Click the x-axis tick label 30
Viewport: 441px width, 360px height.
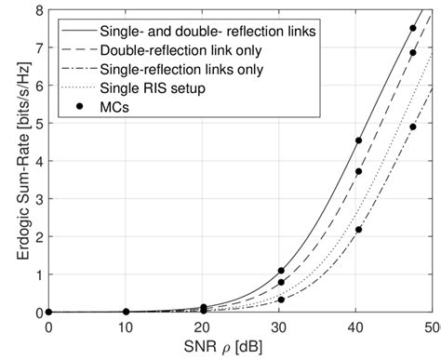tap(281, 327)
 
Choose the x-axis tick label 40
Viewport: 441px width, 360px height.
tap(358, 327)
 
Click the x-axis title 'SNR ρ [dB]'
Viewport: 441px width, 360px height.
tap(240, 348)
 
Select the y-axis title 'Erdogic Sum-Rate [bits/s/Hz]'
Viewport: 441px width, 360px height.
tap(13, 161)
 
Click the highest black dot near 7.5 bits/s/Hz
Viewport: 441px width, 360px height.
tap(413, 29)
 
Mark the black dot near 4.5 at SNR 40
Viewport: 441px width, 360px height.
tap(358, 141)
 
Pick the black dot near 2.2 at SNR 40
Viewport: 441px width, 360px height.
tap(358, 230)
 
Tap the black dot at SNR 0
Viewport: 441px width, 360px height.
tap(49, 312)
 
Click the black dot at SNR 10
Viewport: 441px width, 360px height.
tap(127, 312)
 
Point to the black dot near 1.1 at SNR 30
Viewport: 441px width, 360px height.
tap(281, 271)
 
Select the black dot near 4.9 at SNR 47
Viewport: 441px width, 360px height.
tap(413, 127)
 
